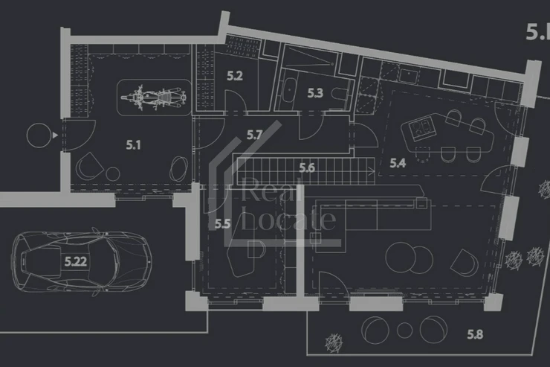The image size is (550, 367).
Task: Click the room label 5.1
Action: [x=134, y=146]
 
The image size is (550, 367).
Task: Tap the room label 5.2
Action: [x=235, y=75]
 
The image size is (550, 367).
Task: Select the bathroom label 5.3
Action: [x=314, y=94]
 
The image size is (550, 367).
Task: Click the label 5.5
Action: [x=221, y=222]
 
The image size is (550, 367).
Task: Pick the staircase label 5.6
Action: [x=308, y=168]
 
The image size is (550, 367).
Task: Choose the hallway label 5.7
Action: [x=255, y=135]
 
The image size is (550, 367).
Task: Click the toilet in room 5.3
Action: [x=340, y=95]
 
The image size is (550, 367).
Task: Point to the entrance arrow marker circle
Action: [x=36, y=135]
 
